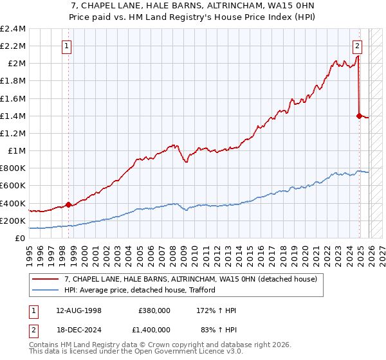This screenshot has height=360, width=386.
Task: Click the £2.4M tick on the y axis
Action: pos(13,29)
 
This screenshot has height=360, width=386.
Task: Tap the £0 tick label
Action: pos(20,238)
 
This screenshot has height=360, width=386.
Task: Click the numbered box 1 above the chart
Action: pos(68,46)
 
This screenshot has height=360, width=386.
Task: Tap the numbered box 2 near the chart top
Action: pos(357,46)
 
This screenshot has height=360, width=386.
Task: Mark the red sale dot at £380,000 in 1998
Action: pos(69,205)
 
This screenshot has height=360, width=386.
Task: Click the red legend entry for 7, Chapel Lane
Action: pos(190,280)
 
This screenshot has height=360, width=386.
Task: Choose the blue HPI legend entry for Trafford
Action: pos(140,290)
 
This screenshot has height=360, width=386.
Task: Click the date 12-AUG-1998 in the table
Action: pos(78,310)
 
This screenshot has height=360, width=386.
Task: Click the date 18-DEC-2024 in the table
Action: pos(78,329)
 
